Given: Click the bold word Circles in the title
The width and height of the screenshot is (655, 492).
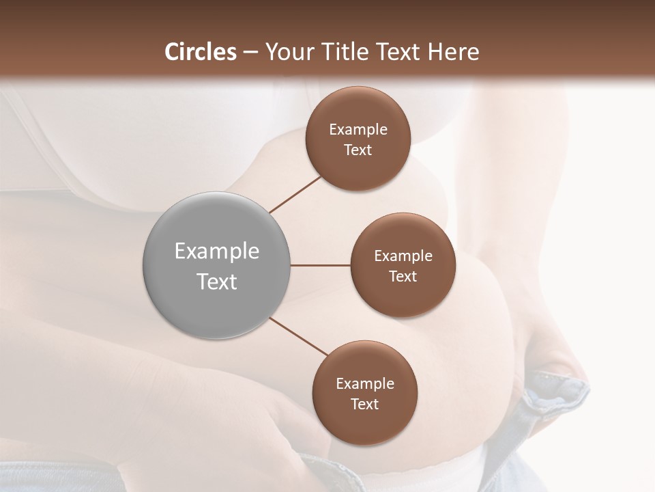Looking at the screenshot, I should click(x=200, y=52).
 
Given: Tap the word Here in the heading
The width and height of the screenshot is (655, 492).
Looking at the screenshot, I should click(x=452, y=52).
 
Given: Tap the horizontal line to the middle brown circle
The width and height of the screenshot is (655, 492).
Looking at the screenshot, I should click(x=321, y=265).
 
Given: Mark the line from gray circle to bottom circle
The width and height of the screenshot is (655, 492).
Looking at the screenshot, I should click(x=297, y=337).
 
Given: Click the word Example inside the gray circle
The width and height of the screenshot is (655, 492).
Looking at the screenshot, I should click(x=217, y=251).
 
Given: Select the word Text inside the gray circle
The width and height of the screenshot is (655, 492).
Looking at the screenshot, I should click(x=217, y=282).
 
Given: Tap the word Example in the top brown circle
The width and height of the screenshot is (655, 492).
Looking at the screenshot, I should click(x=358, y=130).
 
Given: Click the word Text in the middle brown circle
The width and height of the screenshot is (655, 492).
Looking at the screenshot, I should click(x=403, y=276).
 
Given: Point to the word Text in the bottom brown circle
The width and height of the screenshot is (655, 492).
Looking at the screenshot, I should click(x=364, y=404).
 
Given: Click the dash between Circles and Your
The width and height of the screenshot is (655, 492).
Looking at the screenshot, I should click(x=250, y=52).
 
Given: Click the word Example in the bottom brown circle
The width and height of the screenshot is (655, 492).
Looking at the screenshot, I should click(x=365, y=383).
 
